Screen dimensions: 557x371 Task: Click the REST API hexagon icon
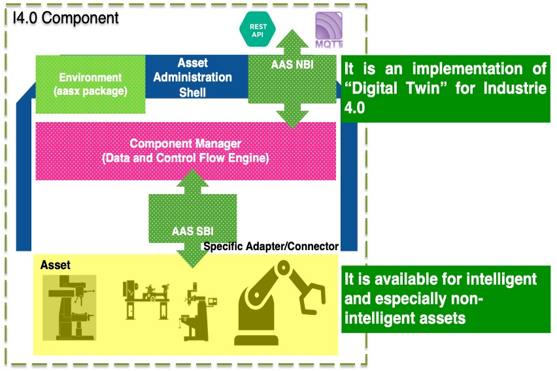pyautogui.click(x=258, y=29)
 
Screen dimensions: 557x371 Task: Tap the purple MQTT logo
pyautogui.click(x=329, y=30)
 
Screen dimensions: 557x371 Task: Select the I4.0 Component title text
pyautogui.click(x=66, y=18)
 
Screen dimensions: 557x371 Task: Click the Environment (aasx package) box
pyautogui.click(x=91, y=84)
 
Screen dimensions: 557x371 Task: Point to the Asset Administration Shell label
pyautogui.click(x=193, y=77)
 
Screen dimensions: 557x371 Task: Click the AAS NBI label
pyautogui.click(x=292, y=65)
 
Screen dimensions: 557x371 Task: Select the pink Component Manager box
pyautogui.click(x=186, y=151)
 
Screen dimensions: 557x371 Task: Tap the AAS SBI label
pyautogui.click(x=193, y=231)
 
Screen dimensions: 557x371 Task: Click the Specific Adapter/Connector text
pyautogui.click(x=271, y=246)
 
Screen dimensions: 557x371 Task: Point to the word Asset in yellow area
pyautogui.click(x=55, y=265)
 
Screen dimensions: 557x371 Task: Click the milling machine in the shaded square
pyautogui.click(x=69, y=308)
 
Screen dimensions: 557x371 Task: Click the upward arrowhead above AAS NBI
pyautogui.click(x=292, y=39)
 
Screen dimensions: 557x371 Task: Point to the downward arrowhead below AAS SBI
pyautogui.click(x=192, y=259)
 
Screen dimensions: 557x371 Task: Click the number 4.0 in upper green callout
pyautogui.click(x=354, y=108)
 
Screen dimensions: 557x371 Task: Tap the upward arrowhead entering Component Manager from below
pyautogui.click(x=192, y=178)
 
